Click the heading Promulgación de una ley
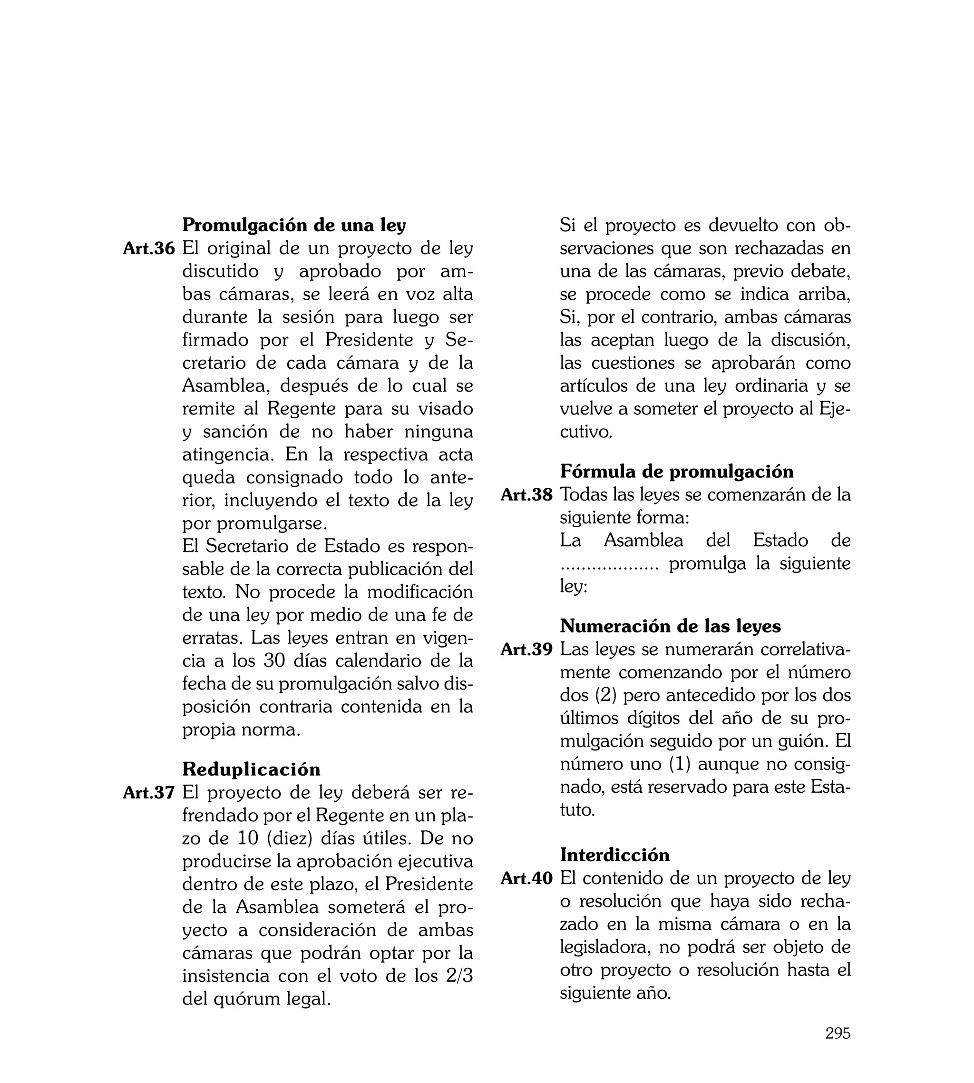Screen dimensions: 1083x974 tap(294, 225)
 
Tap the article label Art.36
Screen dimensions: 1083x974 tap(149, 248)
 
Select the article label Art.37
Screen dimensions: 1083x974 tap(149, 792)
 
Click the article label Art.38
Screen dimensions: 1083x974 tap(526, 495)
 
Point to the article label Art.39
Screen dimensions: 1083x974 tap(526, 650)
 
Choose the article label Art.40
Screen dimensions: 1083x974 tap(526, 878)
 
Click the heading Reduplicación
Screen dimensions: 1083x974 tap(251, 769)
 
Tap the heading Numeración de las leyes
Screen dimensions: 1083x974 tap(670, 626)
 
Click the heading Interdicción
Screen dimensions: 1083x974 tap(614, 855)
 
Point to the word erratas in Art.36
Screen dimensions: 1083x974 tap(211, 638)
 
